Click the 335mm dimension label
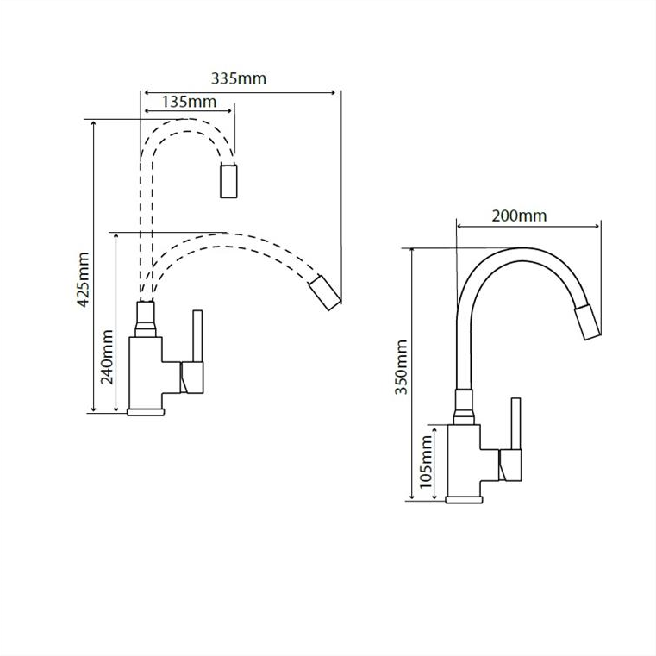coord(239,78)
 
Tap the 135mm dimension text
coord(189,102)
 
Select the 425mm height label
coord(84,279)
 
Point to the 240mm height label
coord(107,357)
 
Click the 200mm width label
coord(519,216)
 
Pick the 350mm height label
coord(402,367)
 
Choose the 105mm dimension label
coord(426,461)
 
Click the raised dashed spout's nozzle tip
coord(228,181)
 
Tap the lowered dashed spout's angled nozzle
coord(325,292)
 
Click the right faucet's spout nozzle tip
coord(587,322)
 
